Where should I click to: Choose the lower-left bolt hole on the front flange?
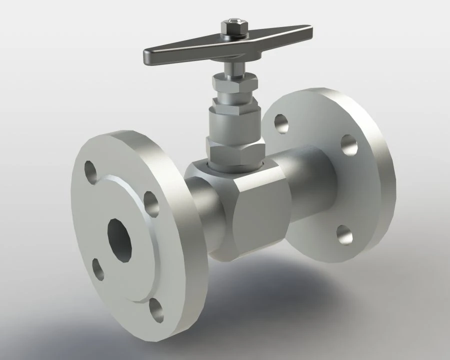click(98, 268)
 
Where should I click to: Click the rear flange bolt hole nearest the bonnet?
click(281, 123)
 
